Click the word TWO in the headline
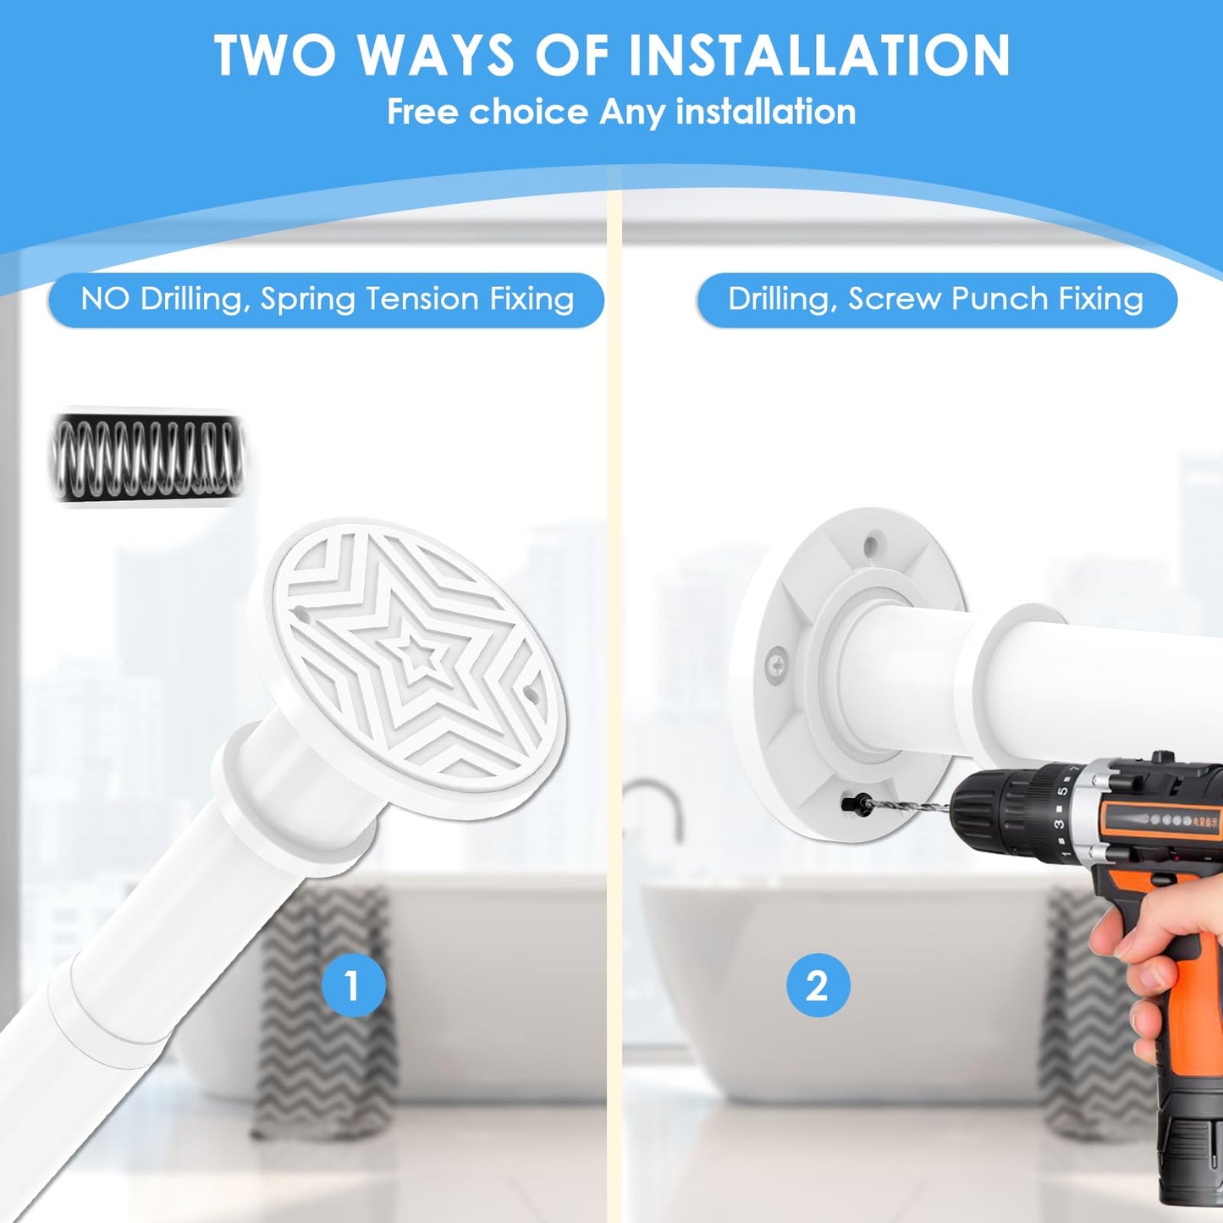click(275, 56)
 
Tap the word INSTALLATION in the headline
click(818, 56)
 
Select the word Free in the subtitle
click(422, 112)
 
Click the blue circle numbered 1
click(354, 986)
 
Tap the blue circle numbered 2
click(818, 986)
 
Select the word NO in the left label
click(104, 298)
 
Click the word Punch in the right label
click(1004, 298)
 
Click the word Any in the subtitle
click(632, 113)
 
